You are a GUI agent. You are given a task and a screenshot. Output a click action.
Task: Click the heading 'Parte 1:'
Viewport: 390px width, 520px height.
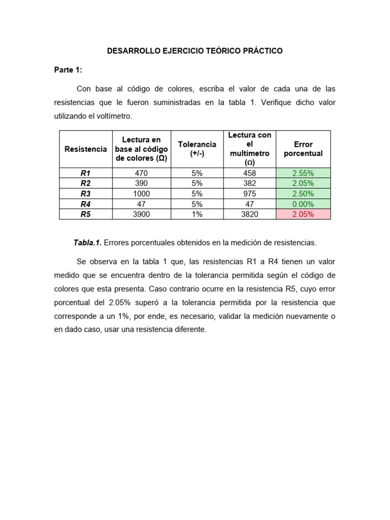68,70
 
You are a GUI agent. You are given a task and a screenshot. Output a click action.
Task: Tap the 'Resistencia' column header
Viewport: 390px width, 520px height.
86,149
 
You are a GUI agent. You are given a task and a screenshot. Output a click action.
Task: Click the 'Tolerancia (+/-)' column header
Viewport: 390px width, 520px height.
197,149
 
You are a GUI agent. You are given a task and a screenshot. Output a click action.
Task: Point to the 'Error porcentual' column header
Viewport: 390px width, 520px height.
303,149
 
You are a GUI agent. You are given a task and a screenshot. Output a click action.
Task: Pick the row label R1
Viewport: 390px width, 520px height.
86,173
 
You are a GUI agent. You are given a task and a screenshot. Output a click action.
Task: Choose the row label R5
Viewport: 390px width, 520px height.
86,214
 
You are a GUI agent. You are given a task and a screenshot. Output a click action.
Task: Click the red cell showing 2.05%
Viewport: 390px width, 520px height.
303,214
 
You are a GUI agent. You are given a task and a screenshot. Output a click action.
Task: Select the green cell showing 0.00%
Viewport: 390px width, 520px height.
303,204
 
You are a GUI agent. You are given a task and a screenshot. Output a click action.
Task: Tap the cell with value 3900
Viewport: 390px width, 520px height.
141,214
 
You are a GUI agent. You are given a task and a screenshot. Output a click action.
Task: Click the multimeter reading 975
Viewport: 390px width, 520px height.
250,193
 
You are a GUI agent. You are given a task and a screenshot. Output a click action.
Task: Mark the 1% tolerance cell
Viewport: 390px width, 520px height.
197,214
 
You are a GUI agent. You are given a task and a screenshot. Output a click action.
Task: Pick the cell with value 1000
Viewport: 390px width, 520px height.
141,193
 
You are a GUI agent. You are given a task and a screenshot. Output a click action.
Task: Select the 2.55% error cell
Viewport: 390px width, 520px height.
303,173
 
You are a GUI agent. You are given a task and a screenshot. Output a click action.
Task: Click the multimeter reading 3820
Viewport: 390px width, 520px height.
250,214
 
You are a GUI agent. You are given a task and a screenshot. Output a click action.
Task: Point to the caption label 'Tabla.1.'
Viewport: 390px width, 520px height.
87,243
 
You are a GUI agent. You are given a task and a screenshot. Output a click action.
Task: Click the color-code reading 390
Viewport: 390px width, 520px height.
141,183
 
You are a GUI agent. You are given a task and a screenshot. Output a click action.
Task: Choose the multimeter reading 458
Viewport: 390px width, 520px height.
250,173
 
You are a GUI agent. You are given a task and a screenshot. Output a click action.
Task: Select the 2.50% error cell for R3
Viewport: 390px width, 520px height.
303,193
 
